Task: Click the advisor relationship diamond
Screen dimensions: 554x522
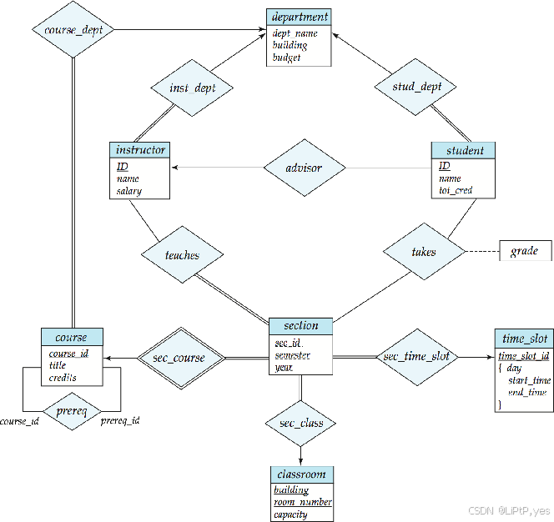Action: tap(305, 168)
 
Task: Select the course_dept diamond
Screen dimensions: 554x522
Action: tap(73, 30)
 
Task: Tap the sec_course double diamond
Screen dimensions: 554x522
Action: tap(181, 358)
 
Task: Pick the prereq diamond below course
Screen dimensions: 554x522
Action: tap(72, 411)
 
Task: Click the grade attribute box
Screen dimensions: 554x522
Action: tap(526, 251)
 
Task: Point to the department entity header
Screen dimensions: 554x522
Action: tap(299, 17)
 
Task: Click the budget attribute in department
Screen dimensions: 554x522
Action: tap(286, 58)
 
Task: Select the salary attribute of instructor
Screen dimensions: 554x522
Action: tap(129, 191)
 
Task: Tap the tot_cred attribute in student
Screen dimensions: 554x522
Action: tap(456, 190)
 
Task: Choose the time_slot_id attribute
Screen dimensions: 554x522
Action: tap(524, 356)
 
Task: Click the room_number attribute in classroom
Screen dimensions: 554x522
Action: tap(303, 502)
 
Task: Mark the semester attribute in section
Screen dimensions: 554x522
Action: tap(293, 355)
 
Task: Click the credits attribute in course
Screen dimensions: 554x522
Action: tap(63, 378)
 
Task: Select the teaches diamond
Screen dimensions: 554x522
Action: tap(183, 254)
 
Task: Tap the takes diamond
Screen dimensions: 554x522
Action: tap(424, 252)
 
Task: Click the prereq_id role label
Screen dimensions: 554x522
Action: tap(120, 420)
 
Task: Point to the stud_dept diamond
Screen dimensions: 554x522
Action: tap(415, 87)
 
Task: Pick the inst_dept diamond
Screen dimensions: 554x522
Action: tap(192, 88)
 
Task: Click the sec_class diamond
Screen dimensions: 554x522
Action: tap(300, 423)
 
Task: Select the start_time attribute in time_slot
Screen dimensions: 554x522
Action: tap(529, 380)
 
